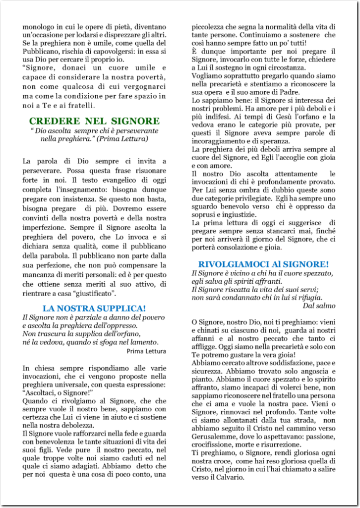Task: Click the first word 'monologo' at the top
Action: tap(38, 27)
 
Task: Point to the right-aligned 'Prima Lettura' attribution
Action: tap(146, 351)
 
